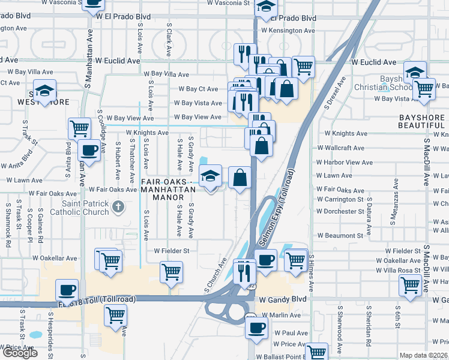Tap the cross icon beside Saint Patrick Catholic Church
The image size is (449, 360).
(x=119, y=207)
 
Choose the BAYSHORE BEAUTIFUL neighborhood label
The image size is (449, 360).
(x=421, y=121)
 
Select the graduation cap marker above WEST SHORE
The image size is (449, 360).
(x=44, y=90)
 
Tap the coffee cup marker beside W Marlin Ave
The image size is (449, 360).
(x=257, y=328)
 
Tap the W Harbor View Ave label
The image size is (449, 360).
(x=345, y=163)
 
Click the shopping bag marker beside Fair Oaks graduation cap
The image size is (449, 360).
(x=240, y=178)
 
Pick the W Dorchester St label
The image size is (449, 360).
(x=341, y=211)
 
